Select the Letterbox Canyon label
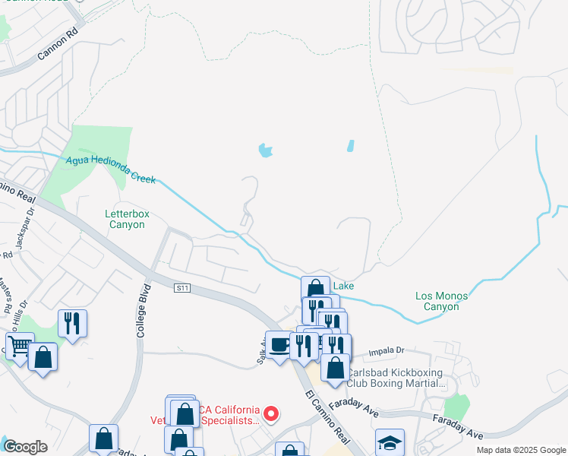click(126, 220)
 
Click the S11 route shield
click(181, 288)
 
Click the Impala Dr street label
click(386, 351)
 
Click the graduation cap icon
click(390, 442)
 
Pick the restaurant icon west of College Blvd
click(72, 323)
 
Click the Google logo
click(25, 447)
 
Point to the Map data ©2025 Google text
click(520, 450)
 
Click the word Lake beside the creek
click(343, 286)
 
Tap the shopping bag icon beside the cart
click(43, 356)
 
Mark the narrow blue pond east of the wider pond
click(350, 145)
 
